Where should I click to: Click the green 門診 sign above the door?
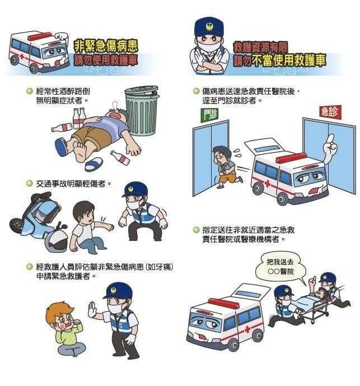pos(209,115)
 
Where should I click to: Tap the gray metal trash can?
pos(141,110)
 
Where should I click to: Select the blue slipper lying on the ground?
pos(93,164)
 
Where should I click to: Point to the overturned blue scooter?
pos(36,216)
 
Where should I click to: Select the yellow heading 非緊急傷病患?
pos(106,46)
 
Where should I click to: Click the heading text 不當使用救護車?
pos(289,61)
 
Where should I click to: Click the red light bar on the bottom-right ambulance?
pos(223,303)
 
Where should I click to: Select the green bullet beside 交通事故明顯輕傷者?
pos(30,183)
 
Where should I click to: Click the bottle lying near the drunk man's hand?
pos(120,157)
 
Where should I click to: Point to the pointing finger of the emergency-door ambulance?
pos(331,139)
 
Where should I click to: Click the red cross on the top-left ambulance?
pos(22,56)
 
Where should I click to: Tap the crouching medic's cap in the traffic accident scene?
pos(135,189)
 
